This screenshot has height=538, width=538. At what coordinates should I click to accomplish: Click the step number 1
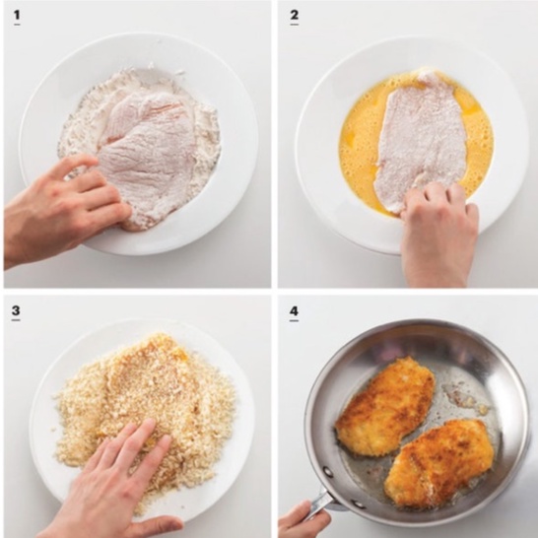17,15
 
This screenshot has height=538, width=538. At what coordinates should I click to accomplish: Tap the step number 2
294,15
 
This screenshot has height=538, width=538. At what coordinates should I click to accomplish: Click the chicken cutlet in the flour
148,155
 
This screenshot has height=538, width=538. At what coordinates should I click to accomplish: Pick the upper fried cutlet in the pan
385,407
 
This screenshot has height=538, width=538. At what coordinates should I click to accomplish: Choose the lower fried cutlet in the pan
439,463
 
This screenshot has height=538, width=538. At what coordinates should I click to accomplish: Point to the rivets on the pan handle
343,488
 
